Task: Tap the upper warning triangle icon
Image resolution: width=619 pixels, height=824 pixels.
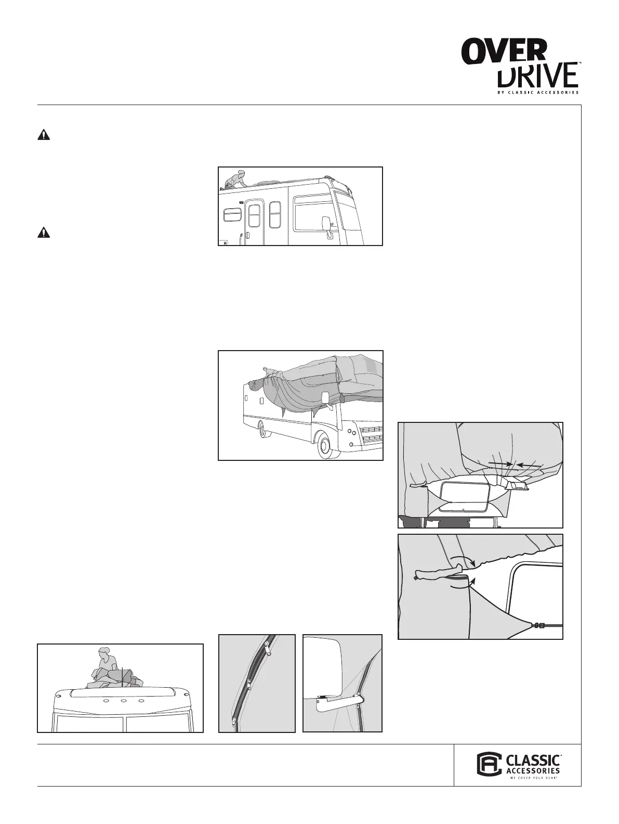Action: point(44,135)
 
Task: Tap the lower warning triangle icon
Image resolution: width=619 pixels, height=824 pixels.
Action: point(44,233)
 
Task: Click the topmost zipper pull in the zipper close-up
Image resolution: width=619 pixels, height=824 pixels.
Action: point(268,648)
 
